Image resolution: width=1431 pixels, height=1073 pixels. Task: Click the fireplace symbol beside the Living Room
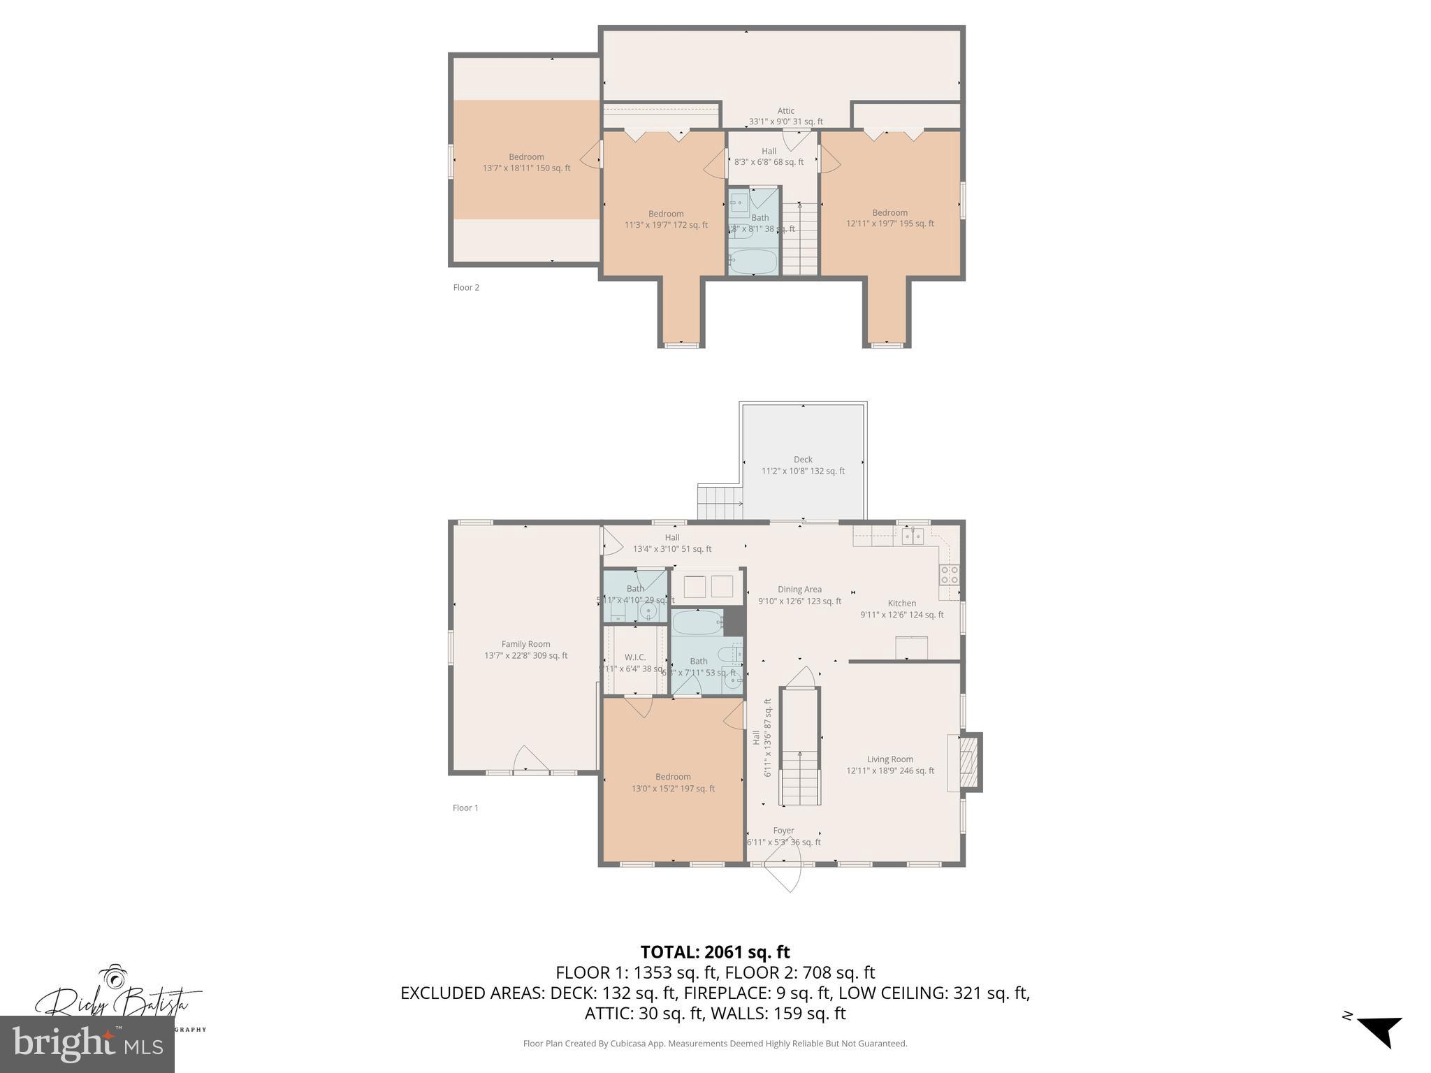click(968, 761)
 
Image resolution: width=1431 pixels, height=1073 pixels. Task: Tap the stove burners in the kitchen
click(949, 575)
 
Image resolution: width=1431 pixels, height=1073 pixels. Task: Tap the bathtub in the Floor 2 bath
click(753, 262)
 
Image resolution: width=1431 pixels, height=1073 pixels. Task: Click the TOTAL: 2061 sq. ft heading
click(715, 952)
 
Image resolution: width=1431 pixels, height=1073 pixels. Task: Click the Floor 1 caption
click(465, 808)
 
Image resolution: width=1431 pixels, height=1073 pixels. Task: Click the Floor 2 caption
click(466, 287)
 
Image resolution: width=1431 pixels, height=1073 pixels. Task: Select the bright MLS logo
click(87, 1044)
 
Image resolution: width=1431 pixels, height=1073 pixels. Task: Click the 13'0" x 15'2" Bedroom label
click(673, 782)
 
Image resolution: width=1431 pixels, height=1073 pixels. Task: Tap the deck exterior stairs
click(719, 503)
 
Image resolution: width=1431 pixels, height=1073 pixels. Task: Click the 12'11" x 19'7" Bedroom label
click(889, 218)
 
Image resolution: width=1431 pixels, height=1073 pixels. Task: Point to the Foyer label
click(783, 831)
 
